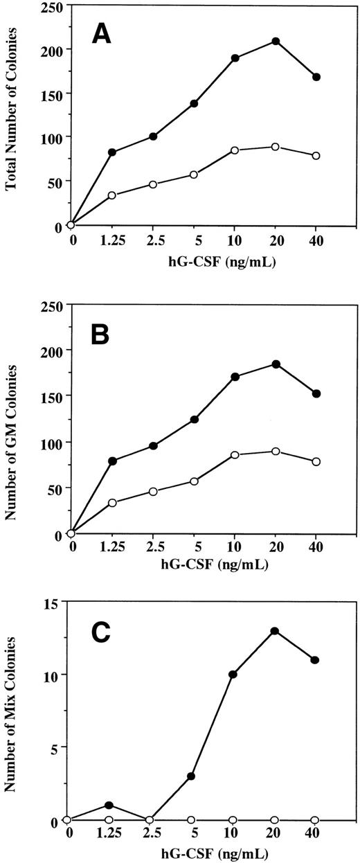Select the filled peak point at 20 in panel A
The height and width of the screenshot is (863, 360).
(276, 41)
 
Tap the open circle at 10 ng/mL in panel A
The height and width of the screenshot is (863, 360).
(235, 150)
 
